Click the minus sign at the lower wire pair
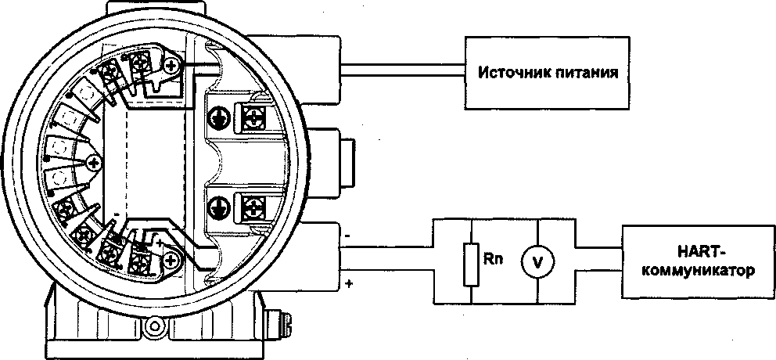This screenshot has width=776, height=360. click(347, 233)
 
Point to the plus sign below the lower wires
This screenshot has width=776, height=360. click(347, 281)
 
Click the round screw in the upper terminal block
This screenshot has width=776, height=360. click(218, 118)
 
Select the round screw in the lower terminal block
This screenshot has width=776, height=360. click(218, 207)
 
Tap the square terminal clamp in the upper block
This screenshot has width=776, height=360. click(254, 117)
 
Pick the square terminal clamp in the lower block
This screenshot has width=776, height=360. click(254, 207)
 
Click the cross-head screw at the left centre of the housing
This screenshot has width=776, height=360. click(95, 163)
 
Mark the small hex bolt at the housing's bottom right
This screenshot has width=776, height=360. click(275, 322)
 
